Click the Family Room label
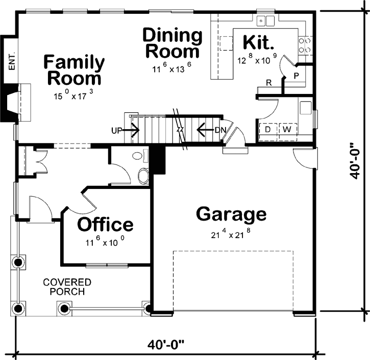coord(75,70)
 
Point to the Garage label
coord(231,214)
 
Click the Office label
coord(105,224)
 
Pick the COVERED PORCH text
coord(67,286)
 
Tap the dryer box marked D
coord(267,130)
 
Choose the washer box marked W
coord(287,130)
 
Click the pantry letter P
coord(295,76)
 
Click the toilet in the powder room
coord(143,176)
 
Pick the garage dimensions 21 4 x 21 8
coord(231,235)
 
